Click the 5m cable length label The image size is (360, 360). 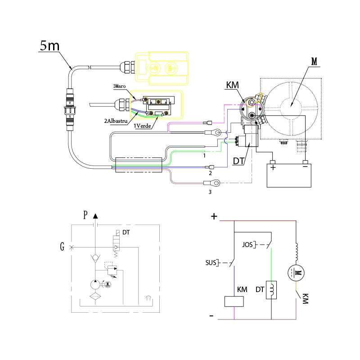click(x=49, y=46)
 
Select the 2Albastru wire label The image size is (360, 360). click(x=115, y=121)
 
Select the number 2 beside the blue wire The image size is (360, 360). click(x=210, y=173)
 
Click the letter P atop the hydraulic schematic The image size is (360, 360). click(x=85, y=215)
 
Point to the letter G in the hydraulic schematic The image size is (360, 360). click(x=62, y=247)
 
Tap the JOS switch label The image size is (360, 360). click(x=247, y=245)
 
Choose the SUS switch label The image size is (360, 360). click(x=210, y=262)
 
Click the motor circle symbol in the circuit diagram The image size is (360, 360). click(x=297, y=272)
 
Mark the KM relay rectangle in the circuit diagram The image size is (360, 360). click(x=234, y=301)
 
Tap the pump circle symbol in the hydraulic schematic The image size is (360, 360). click(x=95, y=285)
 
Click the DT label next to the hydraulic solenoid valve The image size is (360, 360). click(x=126, y=233)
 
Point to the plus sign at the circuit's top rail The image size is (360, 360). click(x=214, y=217)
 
